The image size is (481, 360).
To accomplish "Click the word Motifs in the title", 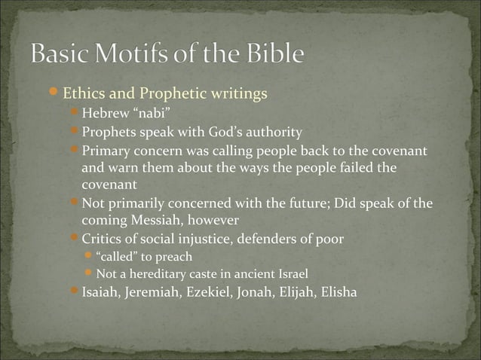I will point(134,54).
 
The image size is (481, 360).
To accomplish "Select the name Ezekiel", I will point(212,291).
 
